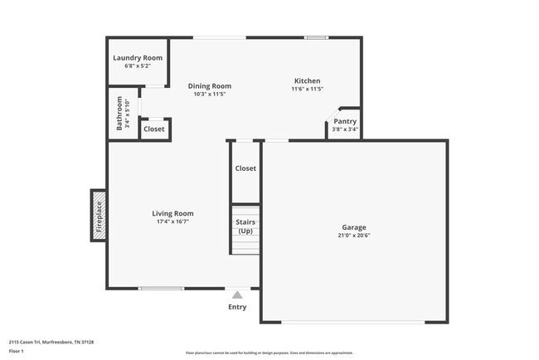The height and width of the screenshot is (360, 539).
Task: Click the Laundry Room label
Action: (138, 58)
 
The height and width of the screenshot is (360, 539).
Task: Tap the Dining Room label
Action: (209, 85)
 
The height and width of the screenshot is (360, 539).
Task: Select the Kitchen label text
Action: (307, 80)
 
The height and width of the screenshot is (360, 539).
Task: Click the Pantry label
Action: (345, 121)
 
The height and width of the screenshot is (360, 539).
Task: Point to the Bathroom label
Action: (120, 113)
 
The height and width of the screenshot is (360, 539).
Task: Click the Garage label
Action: (354, 227)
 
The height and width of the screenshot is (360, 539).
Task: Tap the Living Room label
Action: (172, 213)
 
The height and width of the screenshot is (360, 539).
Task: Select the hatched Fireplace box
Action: (98, 216)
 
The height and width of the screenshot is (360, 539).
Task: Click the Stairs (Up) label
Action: (245, 226)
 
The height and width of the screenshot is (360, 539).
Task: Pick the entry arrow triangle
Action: (237, 294)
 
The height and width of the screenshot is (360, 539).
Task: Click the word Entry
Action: (237, 307)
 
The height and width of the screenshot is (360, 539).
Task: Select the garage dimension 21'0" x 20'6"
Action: (354, 236)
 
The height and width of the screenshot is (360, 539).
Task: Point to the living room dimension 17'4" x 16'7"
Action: (172, 221)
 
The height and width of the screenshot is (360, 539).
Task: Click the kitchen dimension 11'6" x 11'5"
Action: (307, 89)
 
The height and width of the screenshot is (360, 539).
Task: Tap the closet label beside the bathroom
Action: (154, 129)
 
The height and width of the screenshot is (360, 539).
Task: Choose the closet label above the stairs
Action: (245, 168)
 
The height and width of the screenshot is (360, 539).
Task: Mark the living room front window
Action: (161, 289)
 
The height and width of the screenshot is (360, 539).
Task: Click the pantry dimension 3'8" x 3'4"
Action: (345, 129)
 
